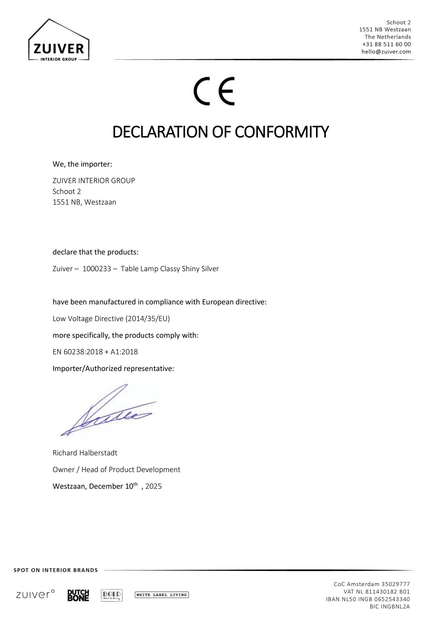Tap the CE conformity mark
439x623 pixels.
(x=214, y=91)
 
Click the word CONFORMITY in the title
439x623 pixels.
(x=281, y=132)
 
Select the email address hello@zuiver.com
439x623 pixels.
(x=386, y=52)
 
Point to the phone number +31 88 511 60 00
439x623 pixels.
(x=386, y=44)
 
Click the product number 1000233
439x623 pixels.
(x=97, y=269)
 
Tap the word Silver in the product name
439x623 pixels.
(x=210, y=269)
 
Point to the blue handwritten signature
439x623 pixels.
(x=107, y=412)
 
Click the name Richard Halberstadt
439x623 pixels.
(x=85, y=453)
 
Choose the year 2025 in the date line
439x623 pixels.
(x=153, y=486)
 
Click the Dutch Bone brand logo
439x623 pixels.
(x=78, y=595)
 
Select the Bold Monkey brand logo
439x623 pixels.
(x=112, y=595)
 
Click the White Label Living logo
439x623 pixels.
(x=162, y=595)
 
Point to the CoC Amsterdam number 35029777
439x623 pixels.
(x=395, y=584)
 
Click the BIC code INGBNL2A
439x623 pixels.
(x=395, y=606)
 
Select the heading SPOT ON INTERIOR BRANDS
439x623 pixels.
(x=56, y=570)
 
